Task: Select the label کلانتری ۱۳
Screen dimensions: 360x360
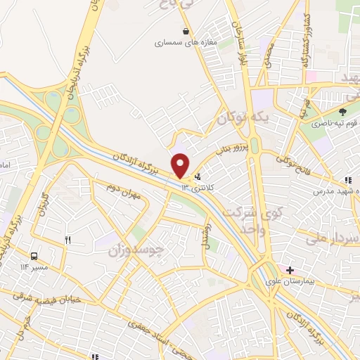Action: tap(195, 187)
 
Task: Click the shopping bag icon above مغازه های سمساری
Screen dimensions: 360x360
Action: tap(185, 32)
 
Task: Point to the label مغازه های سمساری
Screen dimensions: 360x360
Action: tap(185, 42)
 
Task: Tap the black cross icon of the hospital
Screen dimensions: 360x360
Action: tap(290, 270)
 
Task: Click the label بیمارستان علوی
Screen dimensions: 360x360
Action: tap(307, 280)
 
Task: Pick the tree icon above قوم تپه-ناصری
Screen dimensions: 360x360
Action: tap(342, 111)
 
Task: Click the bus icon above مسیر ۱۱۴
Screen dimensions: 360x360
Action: tap(34, 256)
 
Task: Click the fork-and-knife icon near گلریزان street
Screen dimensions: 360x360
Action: tap(68, 240)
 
